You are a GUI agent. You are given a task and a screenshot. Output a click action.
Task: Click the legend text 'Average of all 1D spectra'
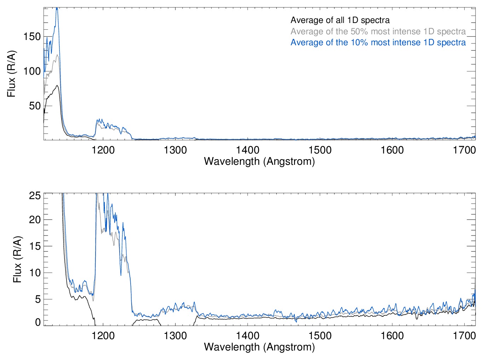(x=340, y=20)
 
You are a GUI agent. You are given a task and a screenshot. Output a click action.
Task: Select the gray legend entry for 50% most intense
(x=378, y=31)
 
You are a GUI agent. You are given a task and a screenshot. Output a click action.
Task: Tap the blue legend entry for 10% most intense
(x=378, y=42)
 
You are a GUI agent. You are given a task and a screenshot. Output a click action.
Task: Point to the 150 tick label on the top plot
(x=32, y=36)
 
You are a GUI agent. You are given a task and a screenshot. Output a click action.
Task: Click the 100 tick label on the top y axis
(x=32, y=71)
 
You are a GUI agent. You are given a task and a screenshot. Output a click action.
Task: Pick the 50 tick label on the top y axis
(x=35, y=106)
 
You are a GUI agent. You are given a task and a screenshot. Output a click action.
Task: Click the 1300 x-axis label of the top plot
(x=175, y=150)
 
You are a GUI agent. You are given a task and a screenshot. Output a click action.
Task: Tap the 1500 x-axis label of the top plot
(x=320, y=150)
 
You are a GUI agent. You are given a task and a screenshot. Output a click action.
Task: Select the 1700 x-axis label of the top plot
(x=464, y=150)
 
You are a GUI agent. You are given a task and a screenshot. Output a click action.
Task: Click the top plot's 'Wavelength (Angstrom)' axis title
(x=259, y=161)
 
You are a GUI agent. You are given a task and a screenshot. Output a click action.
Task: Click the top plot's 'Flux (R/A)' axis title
(x=11, y=74)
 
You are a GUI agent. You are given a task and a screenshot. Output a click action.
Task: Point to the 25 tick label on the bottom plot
(x=35, y=195)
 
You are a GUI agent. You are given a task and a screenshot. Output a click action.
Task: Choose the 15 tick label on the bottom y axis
(x=35, y=246)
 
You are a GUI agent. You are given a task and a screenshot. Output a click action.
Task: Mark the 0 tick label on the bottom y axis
(x=38, y=322)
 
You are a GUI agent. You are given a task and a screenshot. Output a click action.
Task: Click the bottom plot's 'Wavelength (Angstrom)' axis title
(x=259, y=347)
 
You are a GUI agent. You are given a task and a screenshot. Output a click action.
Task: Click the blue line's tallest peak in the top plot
(x=57, y=8)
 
